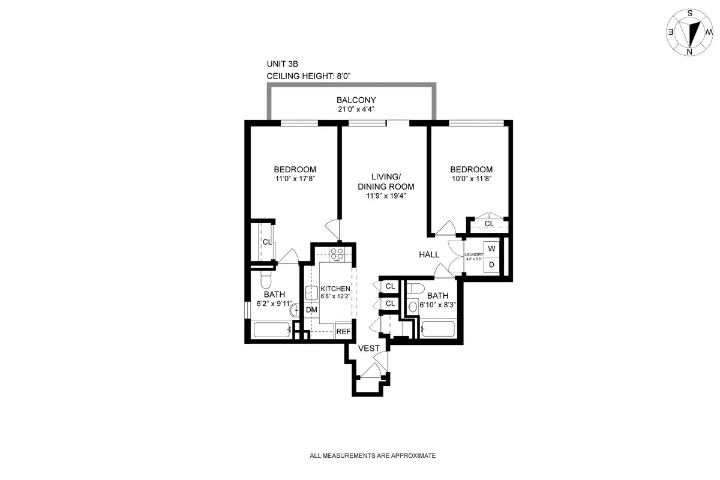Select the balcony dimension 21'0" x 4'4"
point(356,109)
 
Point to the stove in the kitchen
point(337,254)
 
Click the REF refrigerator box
point(343,331)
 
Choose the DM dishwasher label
point(311,310)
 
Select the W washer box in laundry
point(491,248)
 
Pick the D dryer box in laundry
point(491,264)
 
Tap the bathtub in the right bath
point(437,329)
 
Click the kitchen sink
point(311,293)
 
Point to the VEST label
point(368,349)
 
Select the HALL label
point(429,254)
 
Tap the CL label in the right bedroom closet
point(489,224)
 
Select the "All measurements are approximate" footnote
point(372,456)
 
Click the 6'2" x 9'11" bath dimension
point(273,304)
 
